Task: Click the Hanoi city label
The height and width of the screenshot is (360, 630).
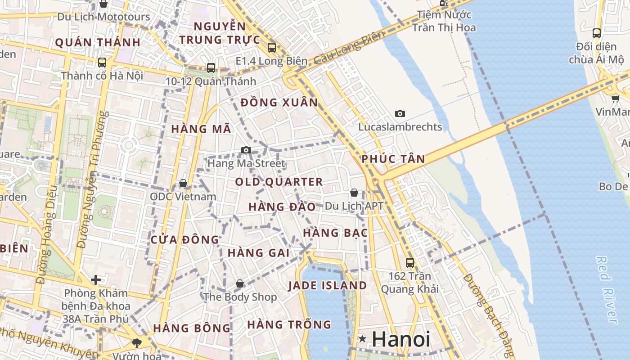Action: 401,339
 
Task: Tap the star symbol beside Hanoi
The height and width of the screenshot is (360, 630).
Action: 362,339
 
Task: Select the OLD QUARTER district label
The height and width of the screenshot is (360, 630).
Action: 279,182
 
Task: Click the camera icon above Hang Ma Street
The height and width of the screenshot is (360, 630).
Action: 246,150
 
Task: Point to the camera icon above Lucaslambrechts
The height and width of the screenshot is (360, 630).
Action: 400,114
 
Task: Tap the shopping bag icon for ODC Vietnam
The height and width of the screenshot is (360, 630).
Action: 183,184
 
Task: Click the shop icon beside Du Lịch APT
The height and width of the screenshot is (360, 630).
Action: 354,193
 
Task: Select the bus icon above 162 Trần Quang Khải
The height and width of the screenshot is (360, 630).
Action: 409,262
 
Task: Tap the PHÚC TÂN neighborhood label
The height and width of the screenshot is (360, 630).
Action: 393,159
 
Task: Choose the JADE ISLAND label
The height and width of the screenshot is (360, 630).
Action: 328,285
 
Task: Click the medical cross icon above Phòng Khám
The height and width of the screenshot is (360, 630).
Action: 96,280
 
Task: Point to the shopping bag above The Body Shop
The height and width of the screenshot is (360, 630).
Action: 240,284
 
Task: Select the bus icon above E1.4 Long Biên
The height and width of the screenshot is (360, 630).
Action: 271,48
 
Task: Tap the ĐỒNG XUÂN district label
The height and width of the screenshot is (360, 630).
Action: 279,103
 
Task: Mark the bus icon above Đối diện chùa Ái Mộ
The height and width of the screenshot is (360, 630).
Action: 596,33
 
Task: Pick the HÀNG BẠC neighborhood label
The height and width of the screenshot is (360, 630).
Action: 336,233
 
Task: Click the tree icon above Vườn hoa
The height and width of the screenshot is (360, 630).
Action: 137,343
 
